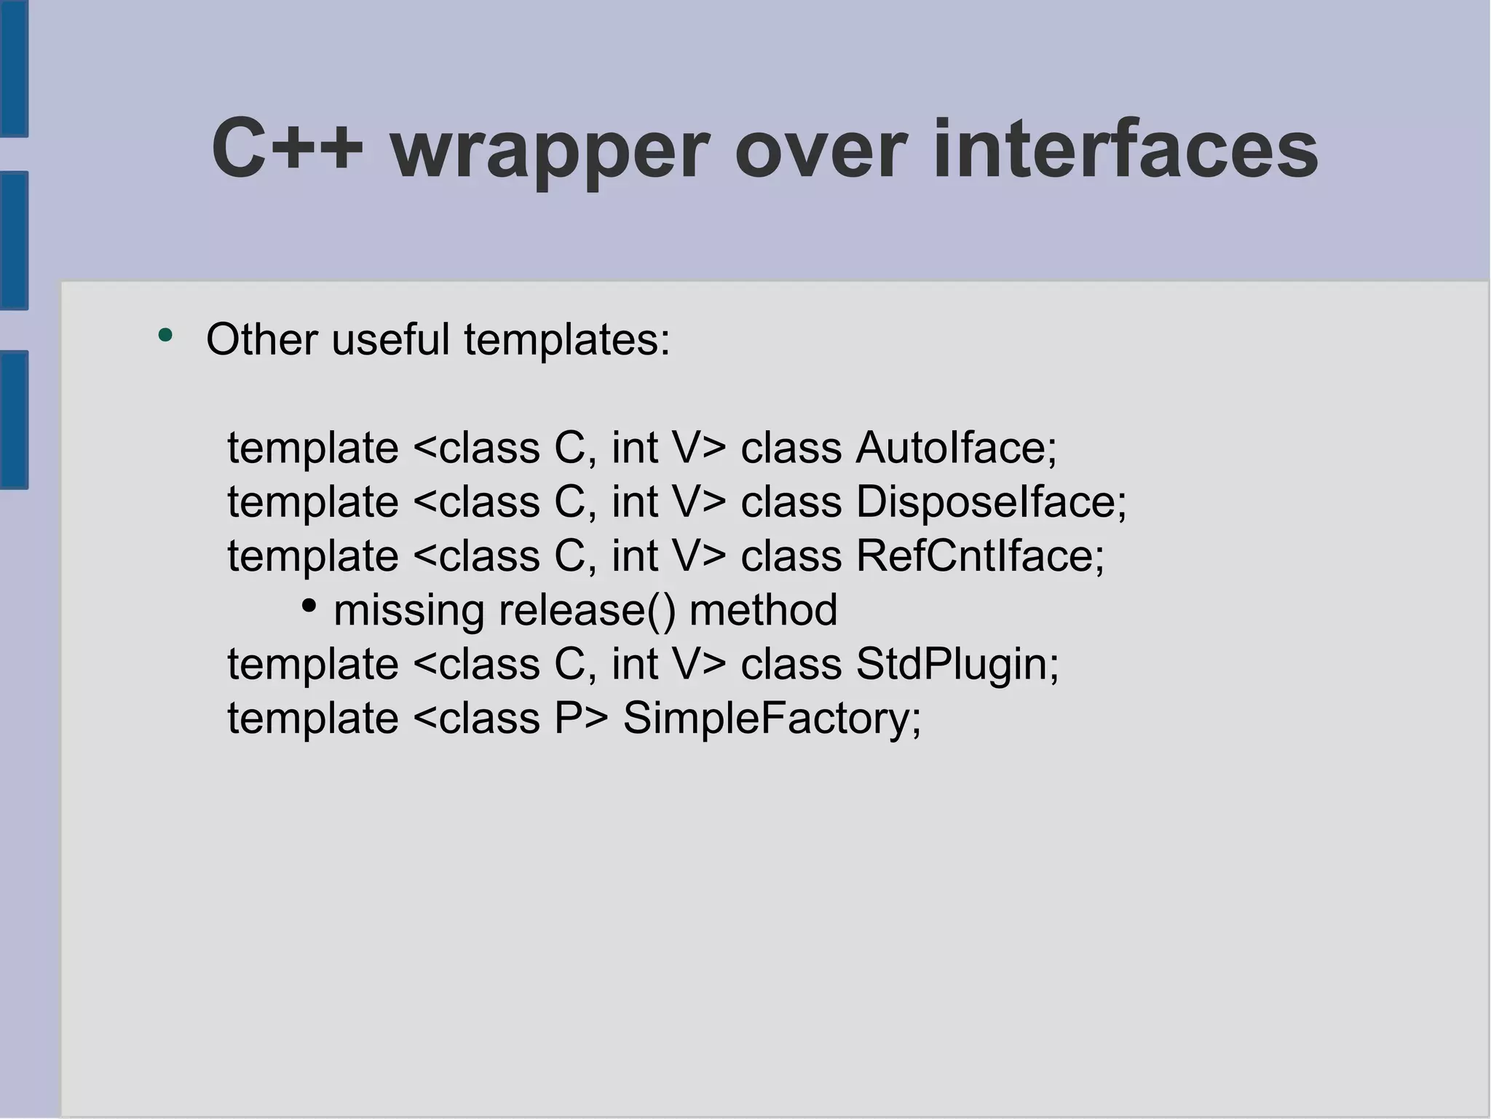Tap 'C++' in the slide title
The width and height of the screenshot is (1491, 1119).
[287, 149]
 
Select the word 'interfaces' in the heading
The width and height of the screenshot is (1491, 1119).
[1125, 149]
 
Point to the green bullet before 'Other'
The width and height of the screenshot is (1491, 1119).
[166, 335]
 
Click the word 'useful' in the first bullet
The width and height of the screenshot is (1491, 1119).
[390, 339]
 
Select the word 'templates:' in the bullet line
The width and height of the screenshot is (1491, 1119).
[566, 341]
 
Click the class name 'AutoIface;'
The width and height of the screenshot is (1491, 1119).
[956, 447]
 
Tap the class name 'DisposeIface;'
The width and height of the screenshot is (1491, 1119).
[991, 502]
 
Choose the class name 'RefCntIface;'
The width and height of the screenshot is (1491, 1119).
[980, 556]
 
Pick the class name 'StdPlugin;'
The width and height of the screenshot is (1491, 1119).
[957, 665]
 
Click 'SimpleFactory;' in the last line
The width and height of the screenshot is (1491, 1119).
[772, 719]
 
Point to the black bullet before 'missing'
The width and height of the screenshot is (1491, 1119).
[309, 605]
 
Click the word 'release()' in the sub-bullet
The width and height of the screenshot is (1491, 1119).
[587, 610]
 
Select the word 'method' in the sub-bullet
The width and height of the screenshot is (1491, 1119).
[763, 610]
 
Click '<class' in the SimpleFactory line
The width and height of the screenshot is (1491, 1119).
[476, 719]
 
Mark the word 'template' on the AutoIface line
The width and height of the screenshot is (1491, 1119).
[313, 448]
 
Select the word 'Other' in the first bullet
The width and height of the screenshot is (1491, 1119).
[262, 339]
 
